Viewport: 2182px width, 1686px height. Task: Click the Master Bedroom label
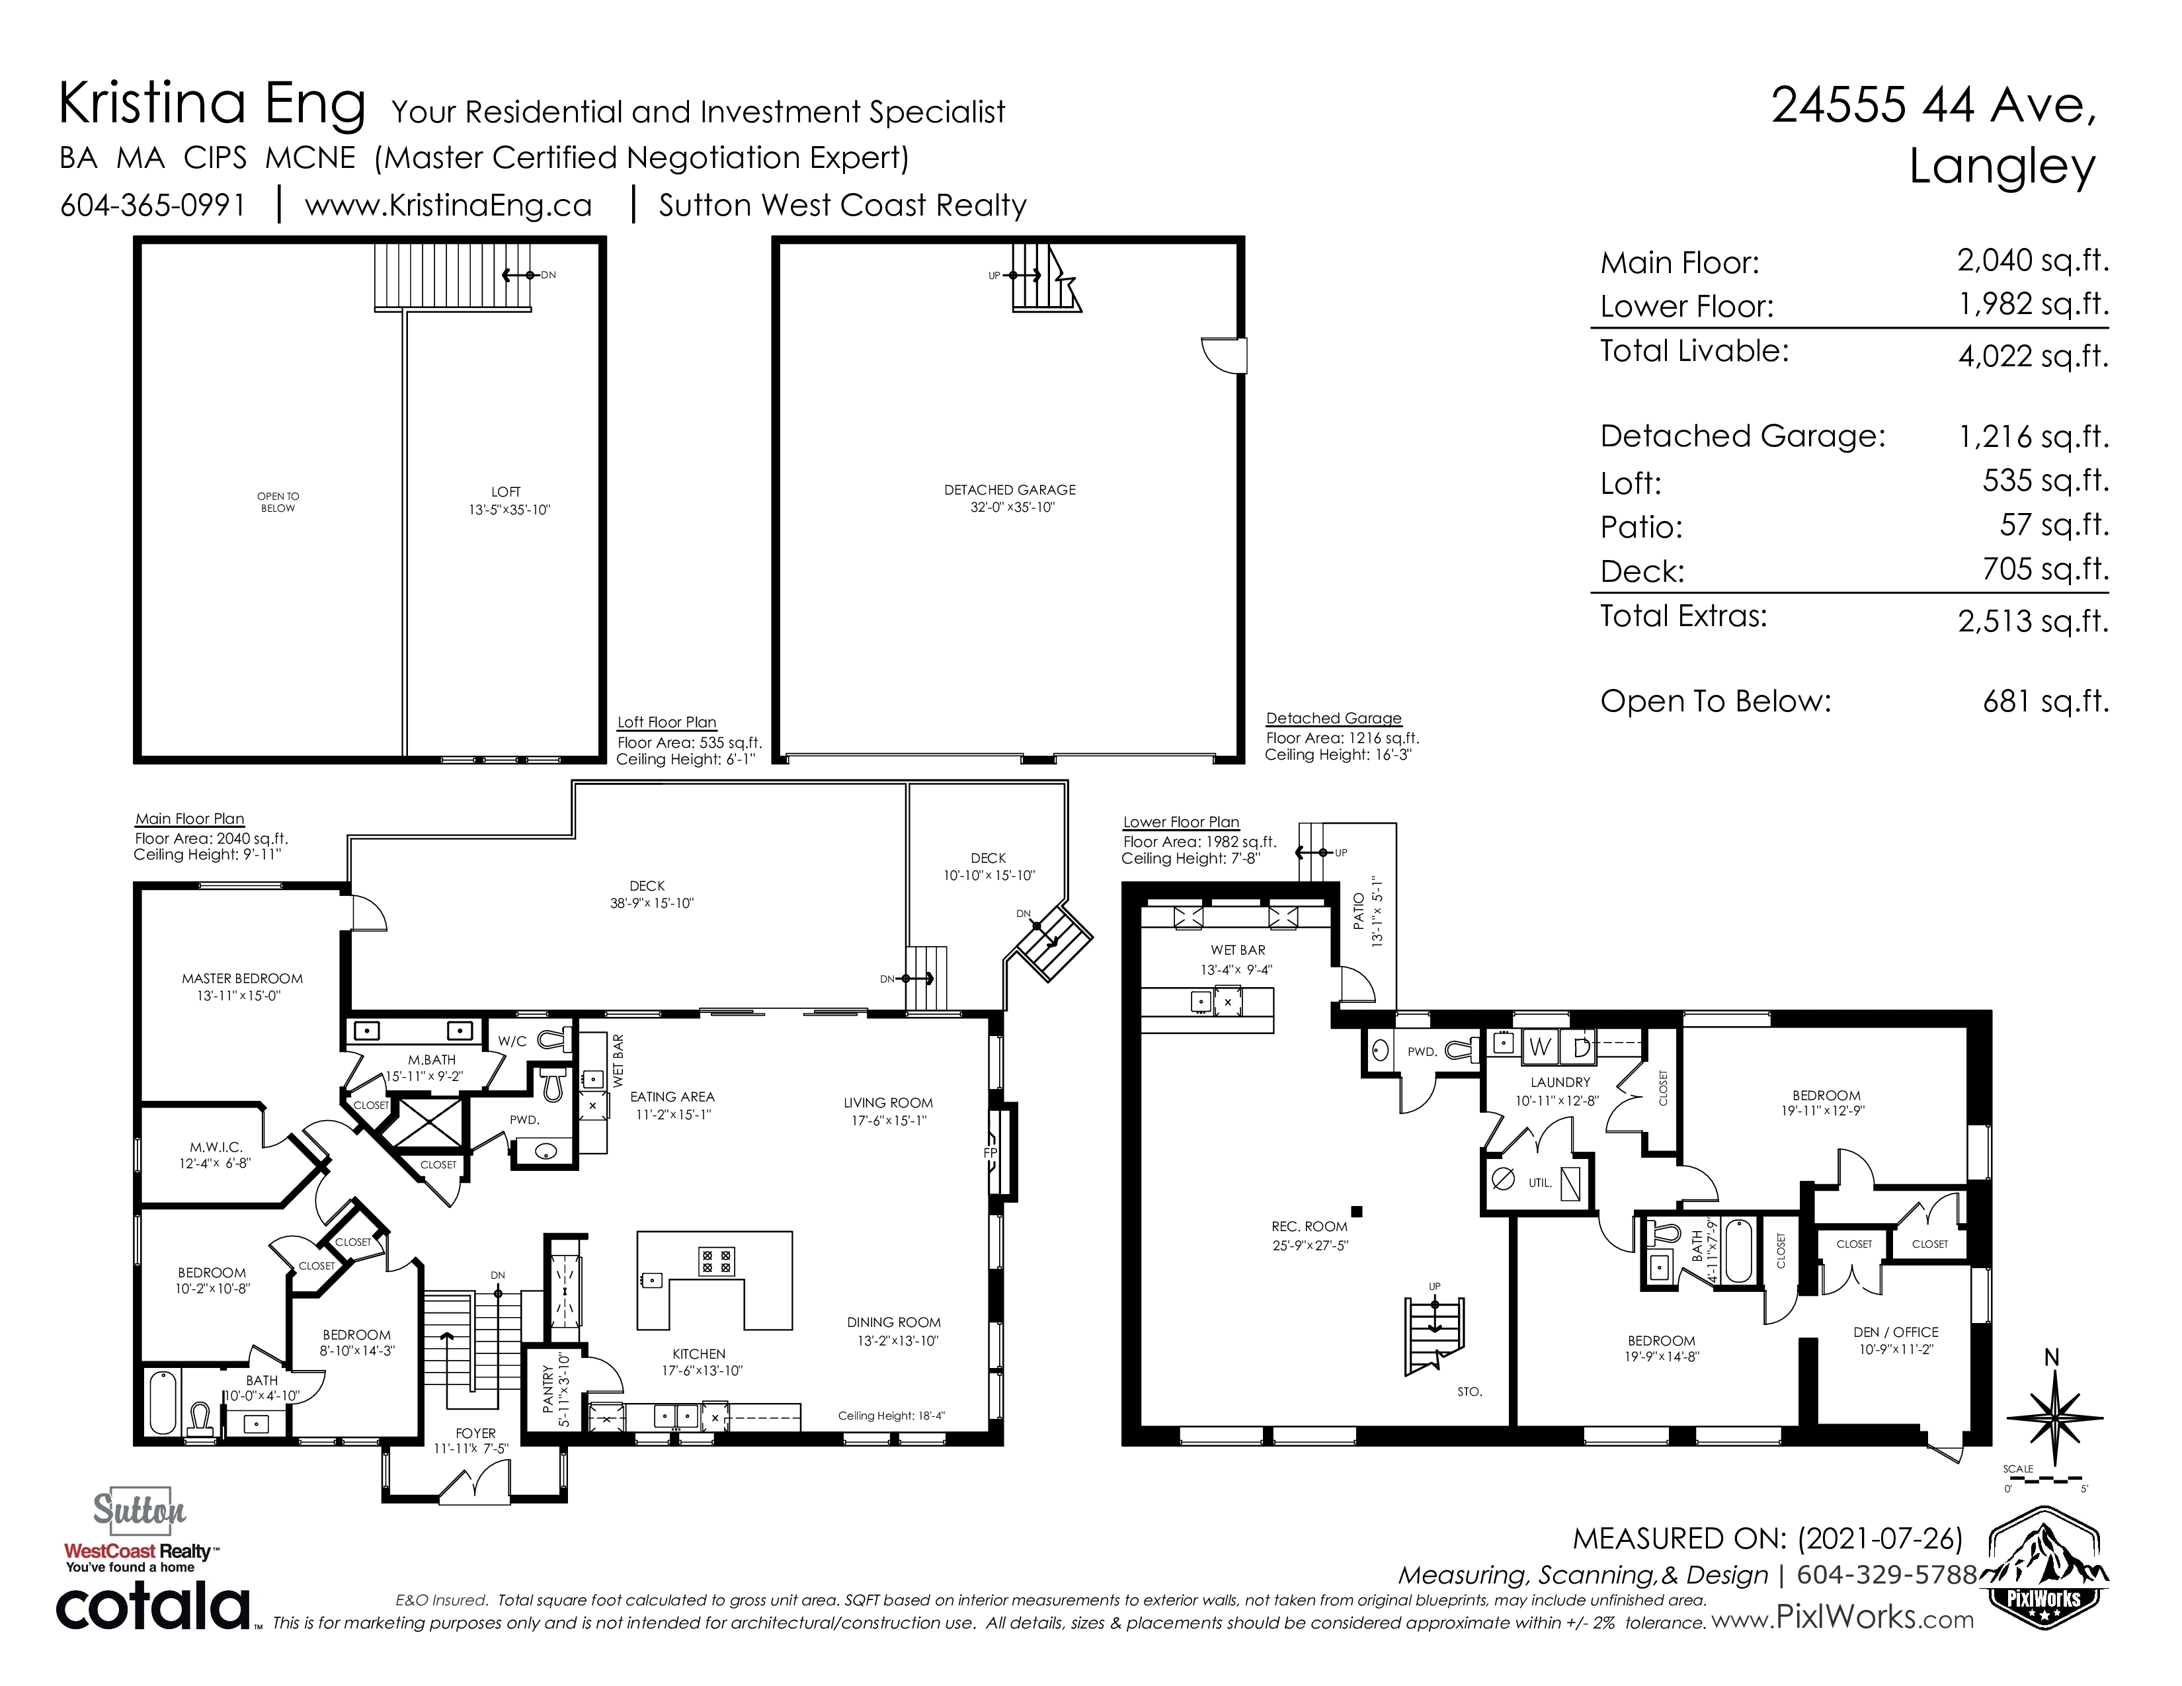242,979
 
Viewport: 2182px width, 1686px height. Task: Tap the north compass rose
2053,1416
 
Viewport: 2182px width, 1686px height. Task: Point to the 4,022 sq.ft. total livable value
2033,356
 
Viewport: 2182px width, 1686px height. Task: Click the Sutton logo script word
140,1509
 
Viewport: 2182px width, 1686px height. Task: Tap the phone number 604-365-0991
153,205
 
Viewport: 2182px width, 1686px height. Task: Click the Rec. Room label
1310,1226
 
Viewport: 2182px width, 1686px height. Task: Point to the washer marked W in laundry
1539,1047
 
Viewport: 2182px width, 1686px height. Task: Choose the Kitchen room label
700,1354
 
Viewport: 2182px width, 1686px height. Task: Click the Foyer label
475,1433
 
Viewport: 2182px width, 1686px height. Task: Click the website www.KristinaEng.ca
448,205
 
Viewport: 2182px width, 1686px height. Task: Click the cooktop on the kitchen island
716,1260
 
